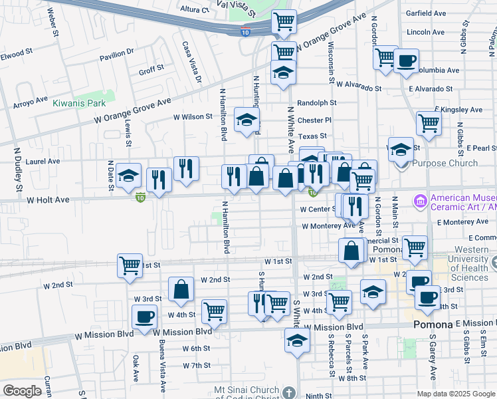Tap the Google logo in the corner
22,391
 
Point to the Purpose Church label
445,163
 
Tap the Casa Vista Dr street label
191,63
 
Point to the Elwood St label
16,52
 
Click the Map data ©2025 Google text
455,394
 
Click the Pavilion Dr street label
118,57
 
